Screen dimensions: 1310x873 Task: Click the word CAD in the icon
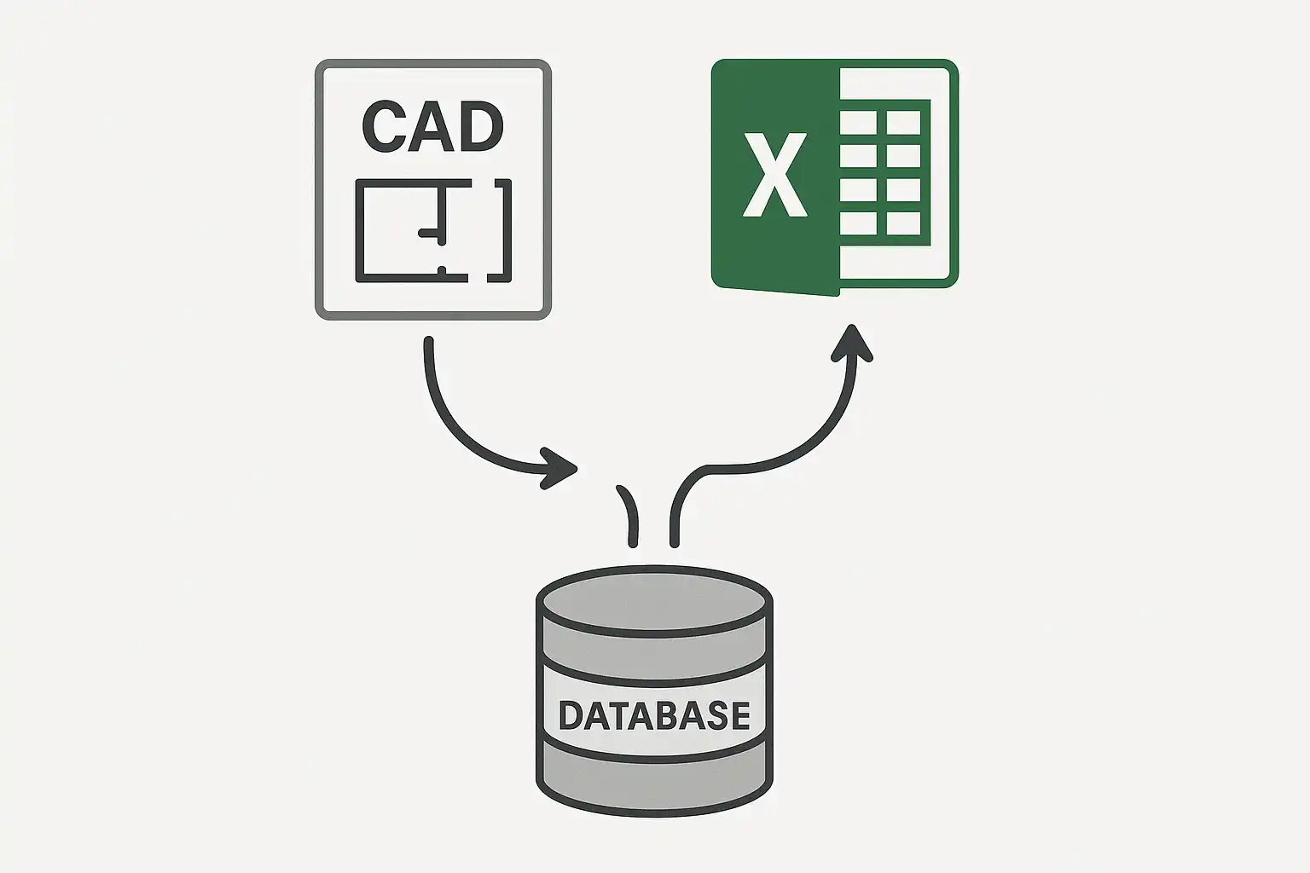432,126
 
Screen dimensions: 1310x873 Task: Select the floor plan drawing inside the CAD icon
433,230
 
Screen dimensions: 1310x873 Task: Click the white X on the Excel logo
775,175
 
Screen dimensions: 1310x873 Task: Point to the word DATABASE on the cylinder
654,715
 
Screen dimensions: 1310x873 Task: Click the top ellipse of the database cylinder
654,601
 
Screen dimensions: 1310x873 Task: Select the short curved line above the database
628,516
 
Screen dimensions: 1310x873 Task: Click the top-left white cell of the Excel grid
859,123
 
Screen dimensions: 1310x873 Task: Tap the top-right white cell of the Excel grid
903,123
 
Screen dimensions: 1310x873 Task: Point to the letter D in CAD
481,126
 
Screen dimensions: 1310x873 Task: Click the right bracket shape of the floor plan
501,230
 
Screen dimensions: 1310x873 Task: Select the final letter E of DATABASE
741,715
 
